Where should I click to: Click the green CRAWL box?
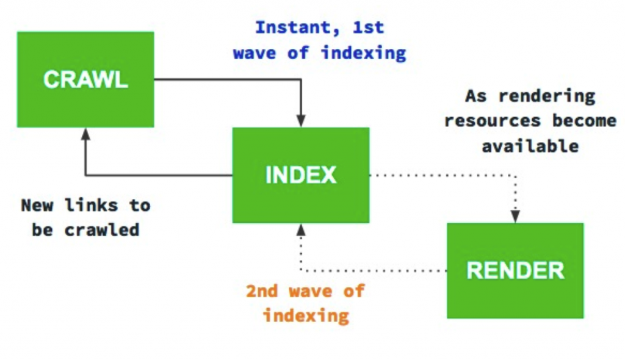[x=85, y=80]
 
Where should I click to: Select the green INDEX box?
[x=301, y=175]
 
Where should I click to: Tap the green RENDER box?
[x=515, y=271]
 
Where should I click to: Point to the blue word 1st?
[x=368, y=27]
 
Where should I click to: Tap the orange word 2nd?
[x=261, y=291]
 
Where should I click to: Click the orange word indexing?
[x=306, y=316]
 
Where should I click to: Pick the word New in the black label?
[x=37, y=206]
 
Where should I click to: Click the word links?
[x=92, y=205]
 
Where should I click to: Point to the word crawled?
[x=102, y=230]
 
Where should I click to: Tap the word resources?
[x=493, y=121]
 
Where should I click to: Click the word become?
[x=584, y=120]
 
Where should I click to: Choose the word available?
[x=530, y=146]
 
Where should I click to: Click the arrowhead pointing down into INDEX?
[x=301, y=121]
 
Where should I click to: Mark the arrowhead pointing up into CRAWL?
[x=85, y=134]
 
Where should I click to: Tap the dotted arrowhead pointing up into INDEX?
[x=301, y=229]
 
